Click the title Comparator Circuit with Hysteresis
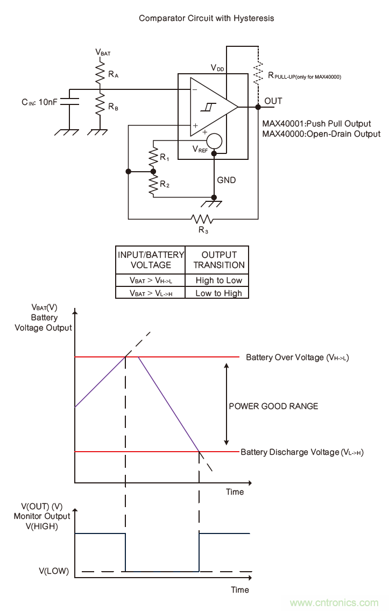pos(207,18)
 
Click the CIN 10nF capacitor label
pos(40,101)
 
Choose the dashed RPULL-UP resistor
pos(259,74)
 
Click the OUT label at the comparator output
pos(273,101)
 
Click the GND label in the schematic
pos(227,180)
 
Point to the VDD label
pos(218,68)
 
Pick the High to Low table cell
pos(218,280)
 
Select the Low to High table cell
pos(218,293)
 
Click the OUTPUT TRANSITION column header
pos(218,259)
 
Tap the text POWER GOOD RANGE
pos(273,406)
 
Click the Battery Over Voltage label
pos(298,357)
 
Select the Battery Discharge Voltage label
pos(302,452)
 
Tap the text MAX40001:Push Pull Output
pos(316,124)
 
